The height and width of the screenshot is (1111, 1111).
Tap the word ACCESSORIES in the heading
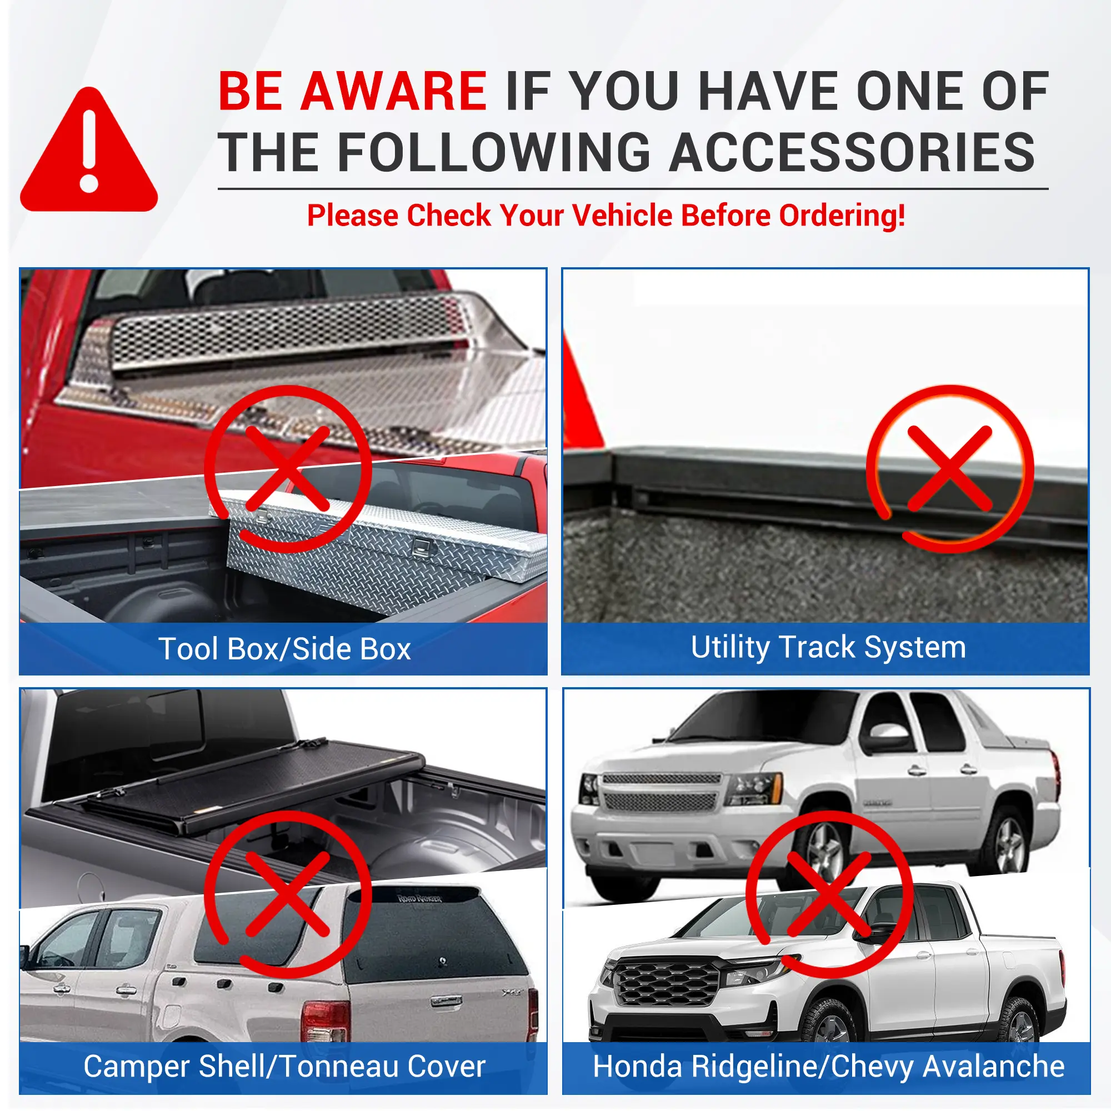point(853,152)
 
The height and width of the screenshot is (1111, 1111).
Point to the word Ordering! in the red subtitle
point(842,216)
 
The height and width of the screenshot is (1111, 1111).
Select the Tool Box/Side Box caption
point(284,649)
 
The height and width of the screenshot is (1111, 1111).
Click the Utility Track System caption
point(828,648)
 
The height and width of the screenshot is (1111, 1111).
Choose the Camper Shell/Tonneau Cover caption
point(284,1067)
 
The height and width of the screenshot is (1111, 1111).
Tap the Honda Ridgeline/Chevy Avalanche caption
point(828,1067)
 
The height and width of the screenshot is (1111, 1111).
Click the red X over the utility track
point(950,468)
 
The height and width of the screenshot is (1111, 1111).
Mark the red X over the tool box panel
point(288,468)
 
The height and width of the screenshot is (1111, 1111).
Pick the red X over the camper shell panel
point(288,894)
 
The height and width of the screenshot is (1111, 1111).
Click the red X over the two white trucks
point(829,894)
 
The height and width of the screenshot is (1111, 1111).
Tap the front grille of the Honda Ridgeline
point(666,983)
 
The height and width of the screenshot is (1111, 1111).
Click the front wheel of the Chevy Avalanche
point(823,853)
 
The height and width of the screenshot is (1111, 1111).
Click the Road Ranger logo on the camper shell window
point(420,898)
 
